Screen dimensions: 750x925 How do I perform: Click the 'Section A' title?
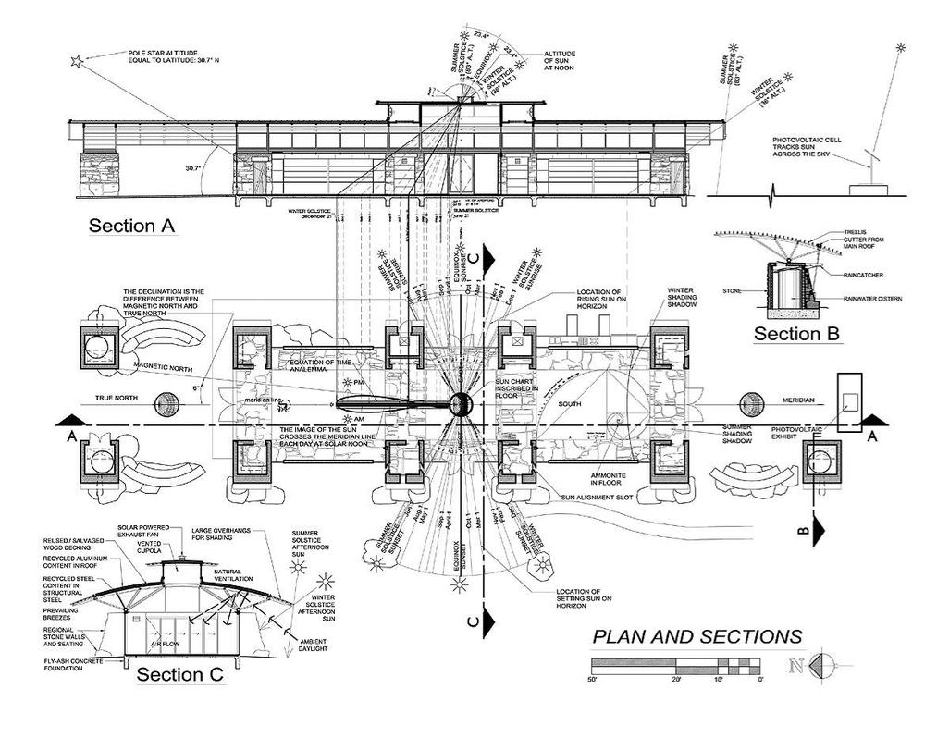[132, 226]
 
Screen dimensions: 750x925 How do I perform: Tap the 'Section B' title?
[795, 334]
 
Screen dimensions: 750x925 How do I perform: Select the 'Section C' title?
[180, 674]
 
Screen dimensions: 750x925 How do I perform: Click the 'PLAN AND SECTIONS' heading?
[697, 636]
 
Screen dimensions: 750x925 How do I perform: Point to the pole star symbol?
[78, 62]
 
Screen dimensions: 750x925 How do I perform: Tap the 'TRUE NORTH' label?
[117, 399]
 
